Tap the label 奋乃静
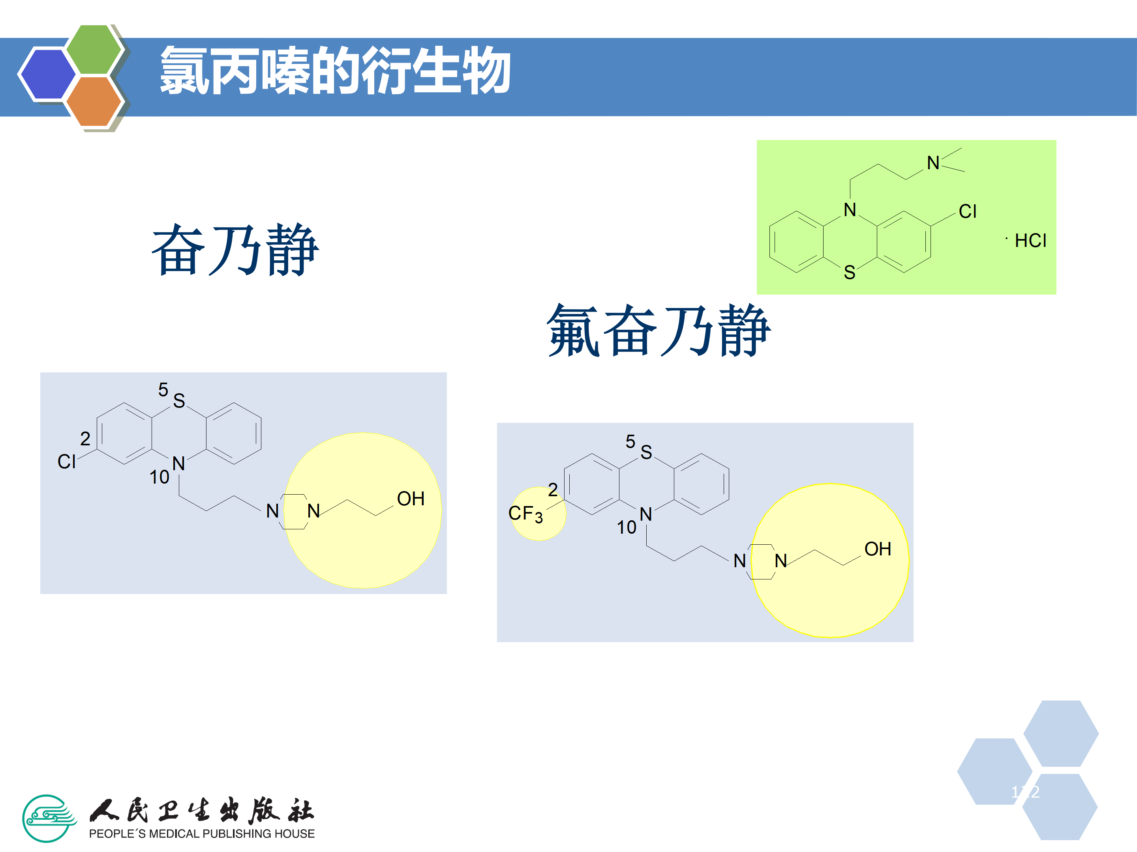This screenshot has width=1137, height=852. [x=235, y=250]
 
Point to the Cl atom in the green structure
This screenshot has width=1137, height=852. [x=967, y=211]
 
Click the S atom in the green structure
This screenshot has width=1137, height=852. [x=850, y=273]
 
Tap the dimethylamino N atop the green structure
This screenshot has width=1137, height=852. [x=933, y=163]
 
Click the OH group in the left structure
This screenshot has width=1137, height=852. [x=411, y=499]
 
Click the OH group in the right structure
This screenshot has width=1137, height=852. [x=877, y=549]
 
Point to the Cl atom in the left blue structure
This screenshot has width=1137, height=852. [x=67, y=461]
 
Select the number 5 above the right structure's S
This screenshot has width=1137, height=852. [x=630, y=441]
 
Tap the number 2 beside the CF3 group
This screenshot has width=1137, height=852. [x=553, y=490]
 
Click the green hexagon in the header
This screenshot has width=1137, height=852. [x=94, y=49]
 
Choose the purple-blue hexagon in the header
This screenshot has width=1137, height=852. [x=48, y=73]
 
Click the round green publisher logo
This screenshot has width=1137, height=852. [x=48, y=818]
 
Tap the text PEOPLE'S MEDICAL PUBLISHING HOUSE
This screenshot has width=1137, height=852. [x=201, y=833]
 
